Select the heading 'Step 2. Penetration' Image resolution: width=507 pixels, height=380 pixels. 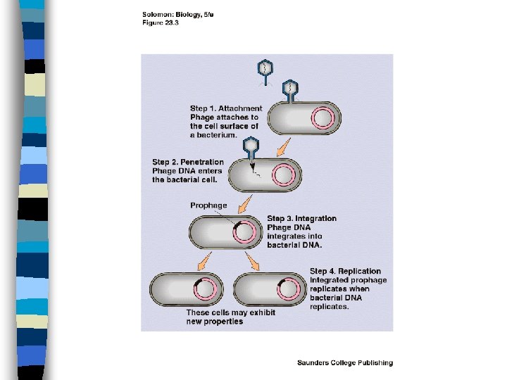(188, 163)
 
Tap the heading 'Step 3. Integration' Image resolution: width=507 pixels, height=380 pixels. (301, 219)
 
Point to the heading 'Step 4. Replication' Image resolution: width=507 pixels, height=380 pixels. (345, 272)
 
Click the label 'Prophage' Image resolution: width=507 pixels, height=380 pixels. (208, 205)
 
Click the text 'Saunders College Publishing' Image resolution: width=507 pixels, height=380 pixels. (344, 363)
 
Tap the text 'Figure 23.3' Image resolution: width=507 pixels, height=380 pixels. (160, 22)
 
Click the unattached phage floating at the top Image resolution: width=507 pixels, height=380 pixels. (265, 70)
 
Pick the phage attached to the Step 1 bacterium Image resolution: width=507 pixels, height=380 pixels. (290, 90)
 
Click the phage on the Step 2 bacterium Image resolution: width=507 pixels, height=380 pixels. (251, 149)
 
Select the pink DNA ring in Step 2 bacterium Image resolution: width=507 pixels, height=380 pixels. (283, 175)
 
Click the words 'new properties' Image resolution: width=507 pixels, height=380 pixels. (215, 322)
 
